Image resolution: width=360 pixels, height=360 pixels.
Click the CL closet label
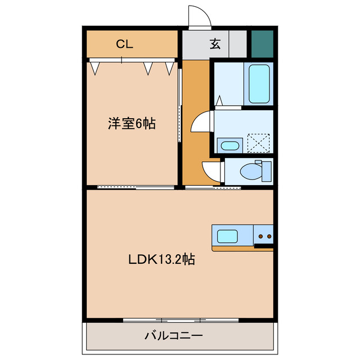tap(124, 44)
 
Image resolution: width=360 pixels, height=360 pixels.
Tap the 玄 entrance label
tap(215, 44)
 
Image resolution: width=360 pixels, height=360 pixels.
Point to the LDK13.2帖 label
tap(161, 260)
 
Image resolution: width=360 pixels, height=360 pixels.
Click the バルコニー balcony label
tap(173, 336)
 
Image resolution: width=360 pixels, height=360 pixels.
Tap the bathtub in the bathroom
tap(259, 84)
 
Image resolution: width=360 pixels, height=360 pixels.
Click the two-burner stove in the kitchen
tap(263, 235)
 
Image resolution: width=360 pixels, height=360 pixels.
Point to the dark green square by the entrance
tap(262, 43)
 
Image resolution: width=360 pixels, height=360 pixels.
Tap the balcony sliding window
tap(181, 321)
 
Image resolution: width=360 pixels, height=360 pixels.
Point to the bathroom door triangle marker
tap(220, 101)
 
